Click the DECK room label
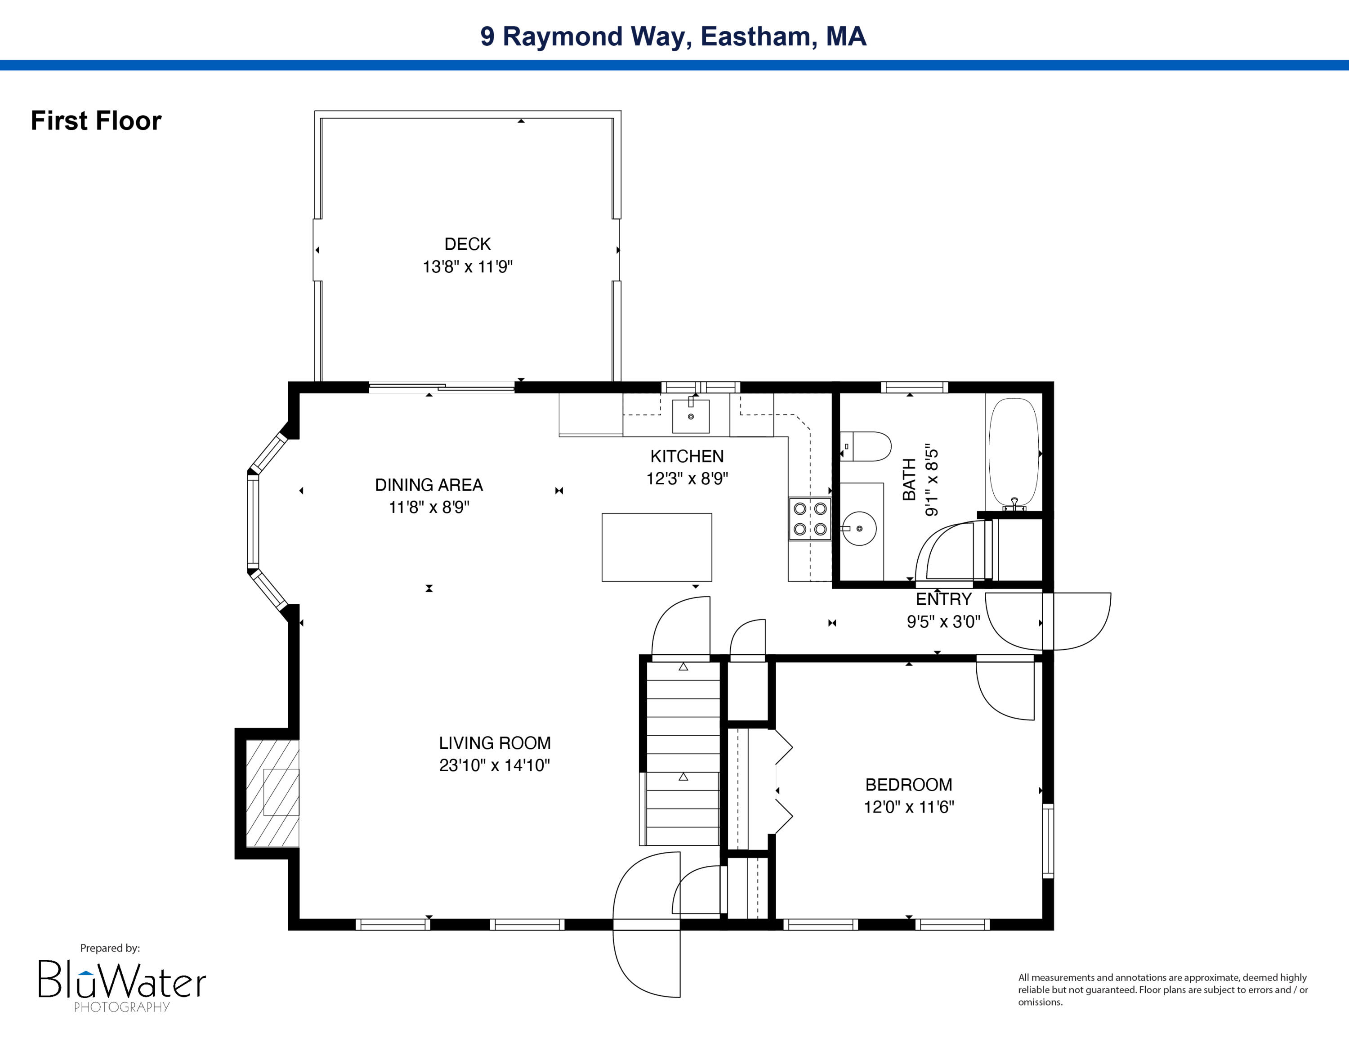(468, 244)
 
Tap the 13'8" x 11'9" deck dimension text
(468, 267)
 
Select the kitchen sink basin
(691, 417)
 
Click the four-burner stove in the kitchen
(810, 519)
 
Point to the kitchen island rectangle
(657, 547)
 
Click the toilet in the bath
(866, 446)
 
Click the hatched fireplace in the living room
(272, 793)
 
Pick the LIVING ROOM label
(495, 743)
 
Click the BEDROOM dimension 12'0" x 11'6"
(909, 807)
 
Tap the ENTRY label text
(943, 599)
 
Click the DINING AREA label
(429, 485)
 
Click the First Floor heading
(96, 121)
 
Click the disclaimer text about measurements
(1162, 989)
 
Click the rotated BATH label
(909, 480)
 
